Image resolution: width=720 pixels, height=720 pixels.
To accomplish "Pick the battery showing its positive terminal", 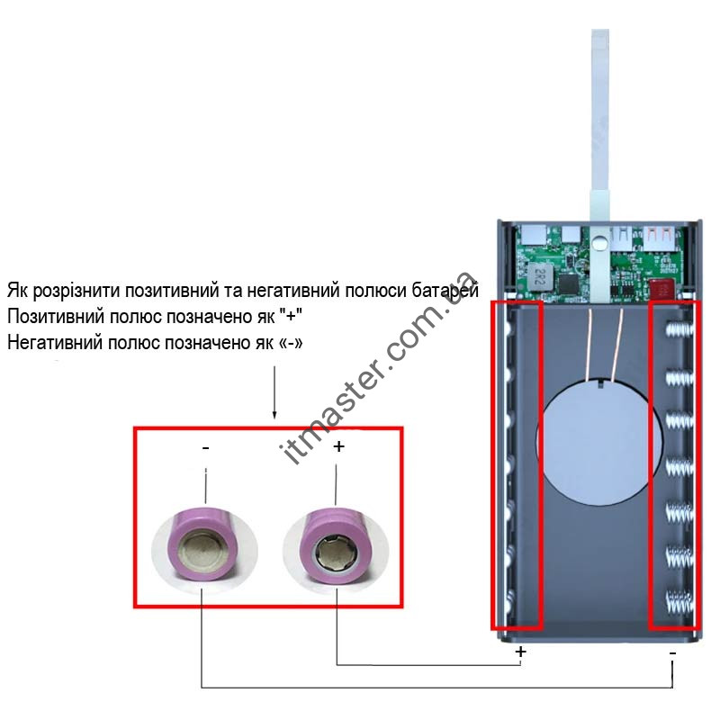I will click(x=335, y=548).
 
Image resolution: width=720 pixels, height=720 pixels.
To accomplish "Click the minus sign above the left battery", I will click(x=207, y=447).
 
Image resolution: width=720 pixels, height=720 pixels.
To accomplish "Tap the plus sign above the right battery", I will click(x=338, y=446).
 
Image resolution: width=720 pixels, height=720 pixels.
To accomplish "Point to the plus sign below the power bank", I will click(x=520, y=651).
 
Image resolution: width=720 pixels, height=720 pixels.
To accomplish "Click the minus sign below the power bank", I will click(x=672, y=650).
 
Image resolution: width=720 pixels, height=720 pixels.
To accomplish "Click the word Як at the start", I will click(x=16, y=292).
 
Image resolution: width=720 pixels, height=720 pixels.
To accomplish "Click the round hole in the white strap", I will click(x=598, y=241).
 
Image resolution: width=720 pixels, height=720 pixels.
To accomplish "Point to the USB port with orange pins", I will click(x=659, y=239).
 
